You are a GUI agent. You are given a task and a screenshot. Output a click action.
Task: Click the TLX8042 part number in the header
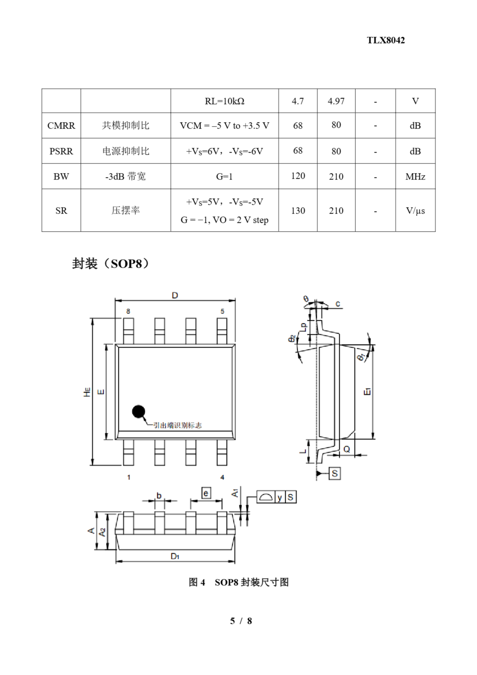(x=386, y=40)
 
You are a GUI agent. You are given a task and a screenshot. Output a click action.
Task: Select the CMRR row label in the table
(x=61, y=126)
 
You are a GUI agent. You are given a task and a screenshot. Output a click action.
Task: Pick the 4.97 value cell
(x=336, y=101)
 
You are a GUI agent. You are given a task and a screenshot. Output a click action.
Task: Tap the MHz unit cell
(x=415, y=177)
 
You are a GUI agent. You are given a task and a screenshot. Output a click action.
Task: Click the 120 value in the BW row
(x=298, y=176)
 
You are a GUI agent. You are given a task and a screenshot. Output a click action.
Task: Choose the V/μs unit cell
(x=415, y=210)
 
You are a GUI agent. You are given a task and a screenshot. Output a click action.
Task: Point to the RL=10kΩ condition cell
(x=225, y=101)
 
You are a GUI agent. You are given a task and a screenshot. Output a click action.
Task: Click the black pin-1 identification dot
(x=138, y=412)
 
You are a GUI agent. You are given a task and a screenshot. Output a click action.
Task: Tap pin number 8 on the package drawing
(x=128, y=311)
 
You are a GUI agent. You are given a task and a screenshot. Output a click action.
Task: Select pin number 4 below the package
(x=222, y=477)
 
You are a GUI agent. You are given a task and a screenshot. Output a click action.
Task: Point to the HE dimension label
(x=87, y=392)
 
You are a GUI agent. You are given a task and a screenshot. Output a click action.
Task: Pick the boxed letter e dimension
(x=206, y=493)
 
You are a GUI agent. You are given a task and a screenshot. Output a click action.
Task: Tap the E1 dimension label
(x=367, y=392)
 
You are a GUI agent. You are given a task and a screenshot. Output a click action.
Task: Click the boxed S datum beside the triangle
(x=335, y=473)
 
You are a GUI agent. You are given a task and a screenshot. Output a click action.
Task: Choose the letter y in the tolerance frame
(x=280, y=497)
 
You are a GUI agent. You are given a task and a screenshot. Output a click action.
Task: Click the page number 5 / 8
(x=241, y=621)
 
